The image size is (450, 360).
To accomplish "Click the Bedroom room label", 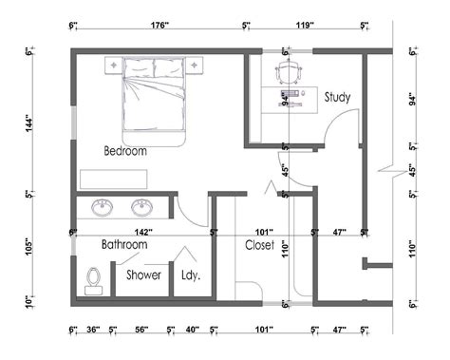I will [x=125, y=150].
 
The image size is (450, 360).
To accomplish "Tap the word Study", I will [x=338, y=97].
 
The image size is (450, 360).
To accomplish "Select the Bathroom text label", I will [x=124, y=244].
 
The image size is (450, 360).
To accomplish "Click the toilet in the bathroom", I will [x=93, y=276].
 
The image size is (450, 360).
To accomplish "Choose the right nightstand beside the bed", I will [x=199, y=65].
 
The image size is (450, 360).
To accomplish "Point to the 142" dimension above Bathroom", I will [x=142, y=231].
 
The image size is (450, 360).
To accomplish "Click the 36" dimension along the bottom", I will [x=93, y=330].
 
